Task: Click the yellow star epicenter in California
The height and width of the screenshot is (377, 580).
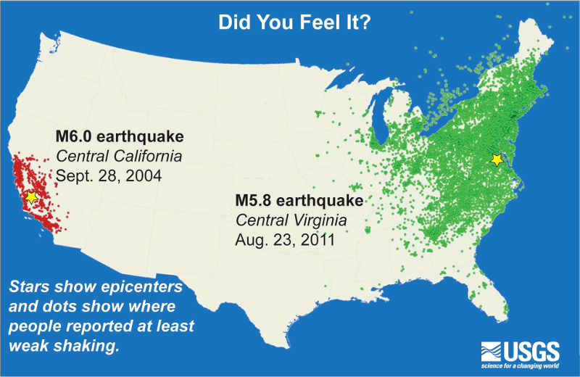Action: tap(31, 196)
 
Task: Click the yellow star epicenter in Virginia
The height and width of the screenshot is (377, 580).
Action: tap(497, 159)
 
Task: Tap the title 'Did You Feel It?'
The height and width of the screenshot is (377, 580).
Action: tap(296, 22)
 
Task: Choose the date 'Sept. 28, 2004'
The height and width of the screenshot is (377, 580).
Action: tap(108, 175)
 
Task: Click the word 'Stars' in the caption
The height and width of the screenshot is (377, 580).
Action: tap(28, 286)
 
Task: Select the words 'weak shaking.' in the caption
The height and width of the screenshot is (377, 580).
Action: tap(65, 346)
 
